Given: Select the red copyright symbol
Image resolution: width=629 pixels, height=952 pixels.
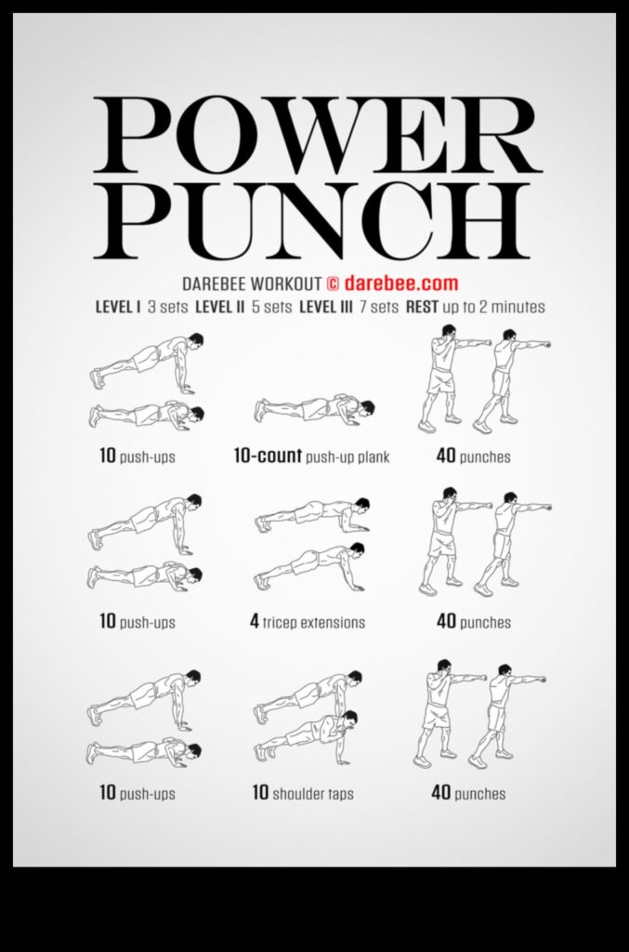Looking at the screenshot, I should pos(333,283).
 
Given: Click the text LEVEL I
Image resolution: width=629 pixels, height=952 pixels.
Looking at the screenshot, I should pos(117,307).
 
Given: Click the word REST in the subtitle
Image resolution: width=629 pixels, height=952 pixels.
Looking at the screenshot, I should pos(423,307).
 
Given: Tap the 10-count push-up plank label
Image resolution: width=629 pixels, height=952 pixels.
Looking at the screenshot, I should pos(311,457).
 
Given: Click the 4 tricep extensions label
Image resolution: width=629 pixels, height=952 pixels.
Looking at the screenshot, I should pos(308,622).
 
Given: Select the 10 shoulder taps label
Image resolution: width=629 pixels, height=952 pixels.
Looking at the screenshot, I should pos(303,794).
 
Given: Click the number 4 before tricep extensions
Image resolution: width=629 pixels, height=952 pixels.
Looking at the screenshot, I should pos(255,622).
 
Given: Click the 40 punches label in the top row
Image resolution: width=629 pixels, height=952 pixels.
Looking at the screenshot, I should pos(473,457).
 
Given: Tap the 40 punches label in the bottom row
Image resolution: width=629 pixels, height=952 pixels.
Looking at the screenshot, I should pos(468,794).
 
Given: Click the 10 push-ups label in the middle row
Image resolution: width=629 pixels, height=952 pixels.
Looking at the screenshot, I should pos(138,622).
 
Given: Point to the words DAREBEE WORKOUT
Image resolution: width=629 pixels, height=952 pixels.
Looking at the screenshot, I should pos(241,284).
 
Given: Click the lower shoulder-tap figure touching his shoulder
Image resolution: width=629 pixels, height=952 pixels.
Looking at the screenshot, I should pos(308,736).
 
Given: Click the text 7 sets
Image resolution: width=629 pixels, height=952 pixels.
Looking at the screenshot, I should pos(377,307).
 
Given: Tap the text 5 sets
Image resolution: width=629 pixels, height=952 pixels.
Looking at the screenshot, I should pos(270,307).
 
